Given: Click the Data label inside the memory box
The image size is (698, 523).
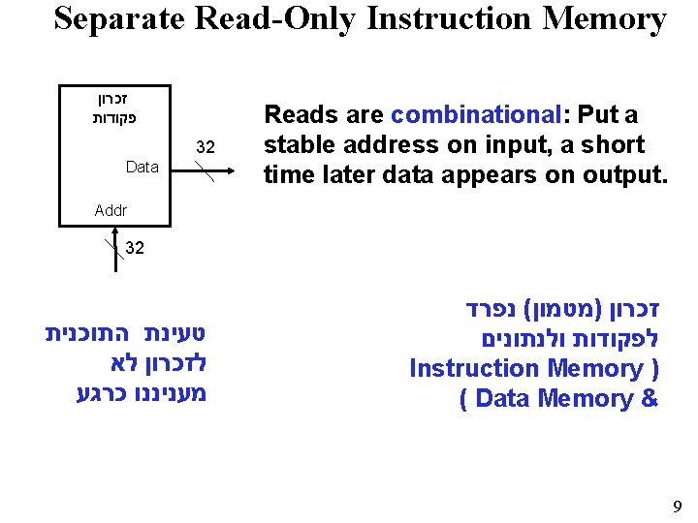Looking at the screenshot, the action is point(143,167).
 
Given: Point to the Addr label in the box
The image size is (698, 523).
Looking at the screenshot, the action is point(111,209).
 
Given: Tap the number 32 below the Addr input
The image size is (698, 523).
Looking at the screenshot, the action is point(135,248).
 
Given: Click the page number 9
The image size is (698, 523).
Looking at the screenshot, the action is point(677,506).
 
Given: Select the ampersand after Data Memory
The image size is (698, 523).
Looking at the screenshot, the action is point(649,398).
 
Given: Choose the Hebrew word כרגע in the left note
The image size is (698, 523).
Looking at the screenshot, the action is point(100,394).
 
